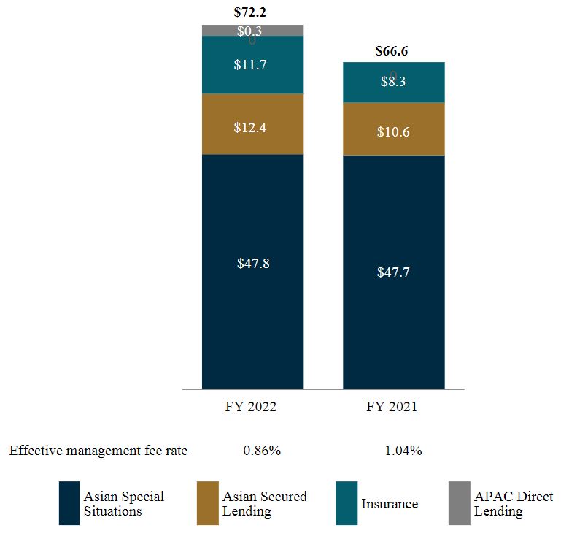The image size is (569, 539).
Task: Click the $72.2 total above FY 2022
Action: (252, 12)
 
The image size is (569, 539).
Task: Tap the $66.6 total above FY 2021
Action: (393, 51)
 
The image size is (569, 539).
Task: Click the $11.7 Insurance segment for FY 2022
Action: (252, 65)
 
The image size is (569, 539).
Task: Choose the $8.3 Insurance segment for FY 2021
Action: (393, 82)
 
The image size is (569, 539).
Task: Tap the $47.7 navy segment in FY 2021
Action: (393, 272)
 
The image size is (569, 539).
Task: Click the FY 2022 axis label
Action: (251, 407)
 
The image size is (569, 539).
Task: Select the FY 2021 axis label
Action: (392, 407)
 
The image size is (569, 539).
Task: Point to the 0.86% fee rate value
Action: (262, 451)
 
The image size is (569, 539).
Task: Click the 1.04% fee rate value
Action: (403, 451)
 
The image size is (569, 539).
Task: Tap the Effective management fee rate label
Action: (98, 451)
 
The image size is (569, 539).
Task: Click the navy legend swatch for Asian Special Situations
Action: (69, 503)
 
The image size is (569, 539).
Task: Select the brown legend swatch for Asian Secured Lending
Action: (207, 503)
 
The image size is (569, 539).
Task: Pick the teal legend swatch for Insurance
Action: (347, 503)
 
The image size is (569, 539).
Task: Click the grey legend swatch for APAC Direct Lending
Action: (459, 503)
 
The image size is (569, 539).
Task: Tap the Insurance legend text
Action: (390, 504)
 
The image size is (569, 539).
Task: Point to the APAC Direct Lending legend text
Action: (514, 504)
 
